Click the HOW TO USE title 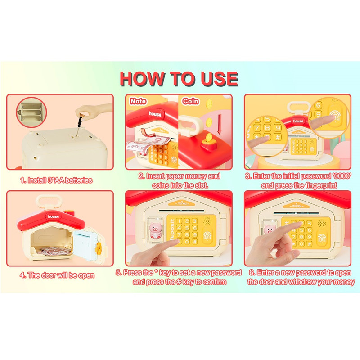coord(179,79)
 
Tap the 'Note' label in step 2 coord(138,101)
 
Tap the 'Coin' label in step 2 coord(190,101)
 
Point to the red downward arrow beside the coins coord(220,124)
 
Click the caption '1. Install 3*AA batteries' coord(56,180)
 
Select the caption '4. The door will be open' coord(57,275)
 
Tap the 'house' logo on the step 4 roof coord(53,216)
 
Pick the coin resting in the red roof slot coord(209,138)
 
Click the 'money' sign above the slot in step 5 coord(182,203)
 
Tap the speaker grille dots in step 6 coord(321,223)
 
